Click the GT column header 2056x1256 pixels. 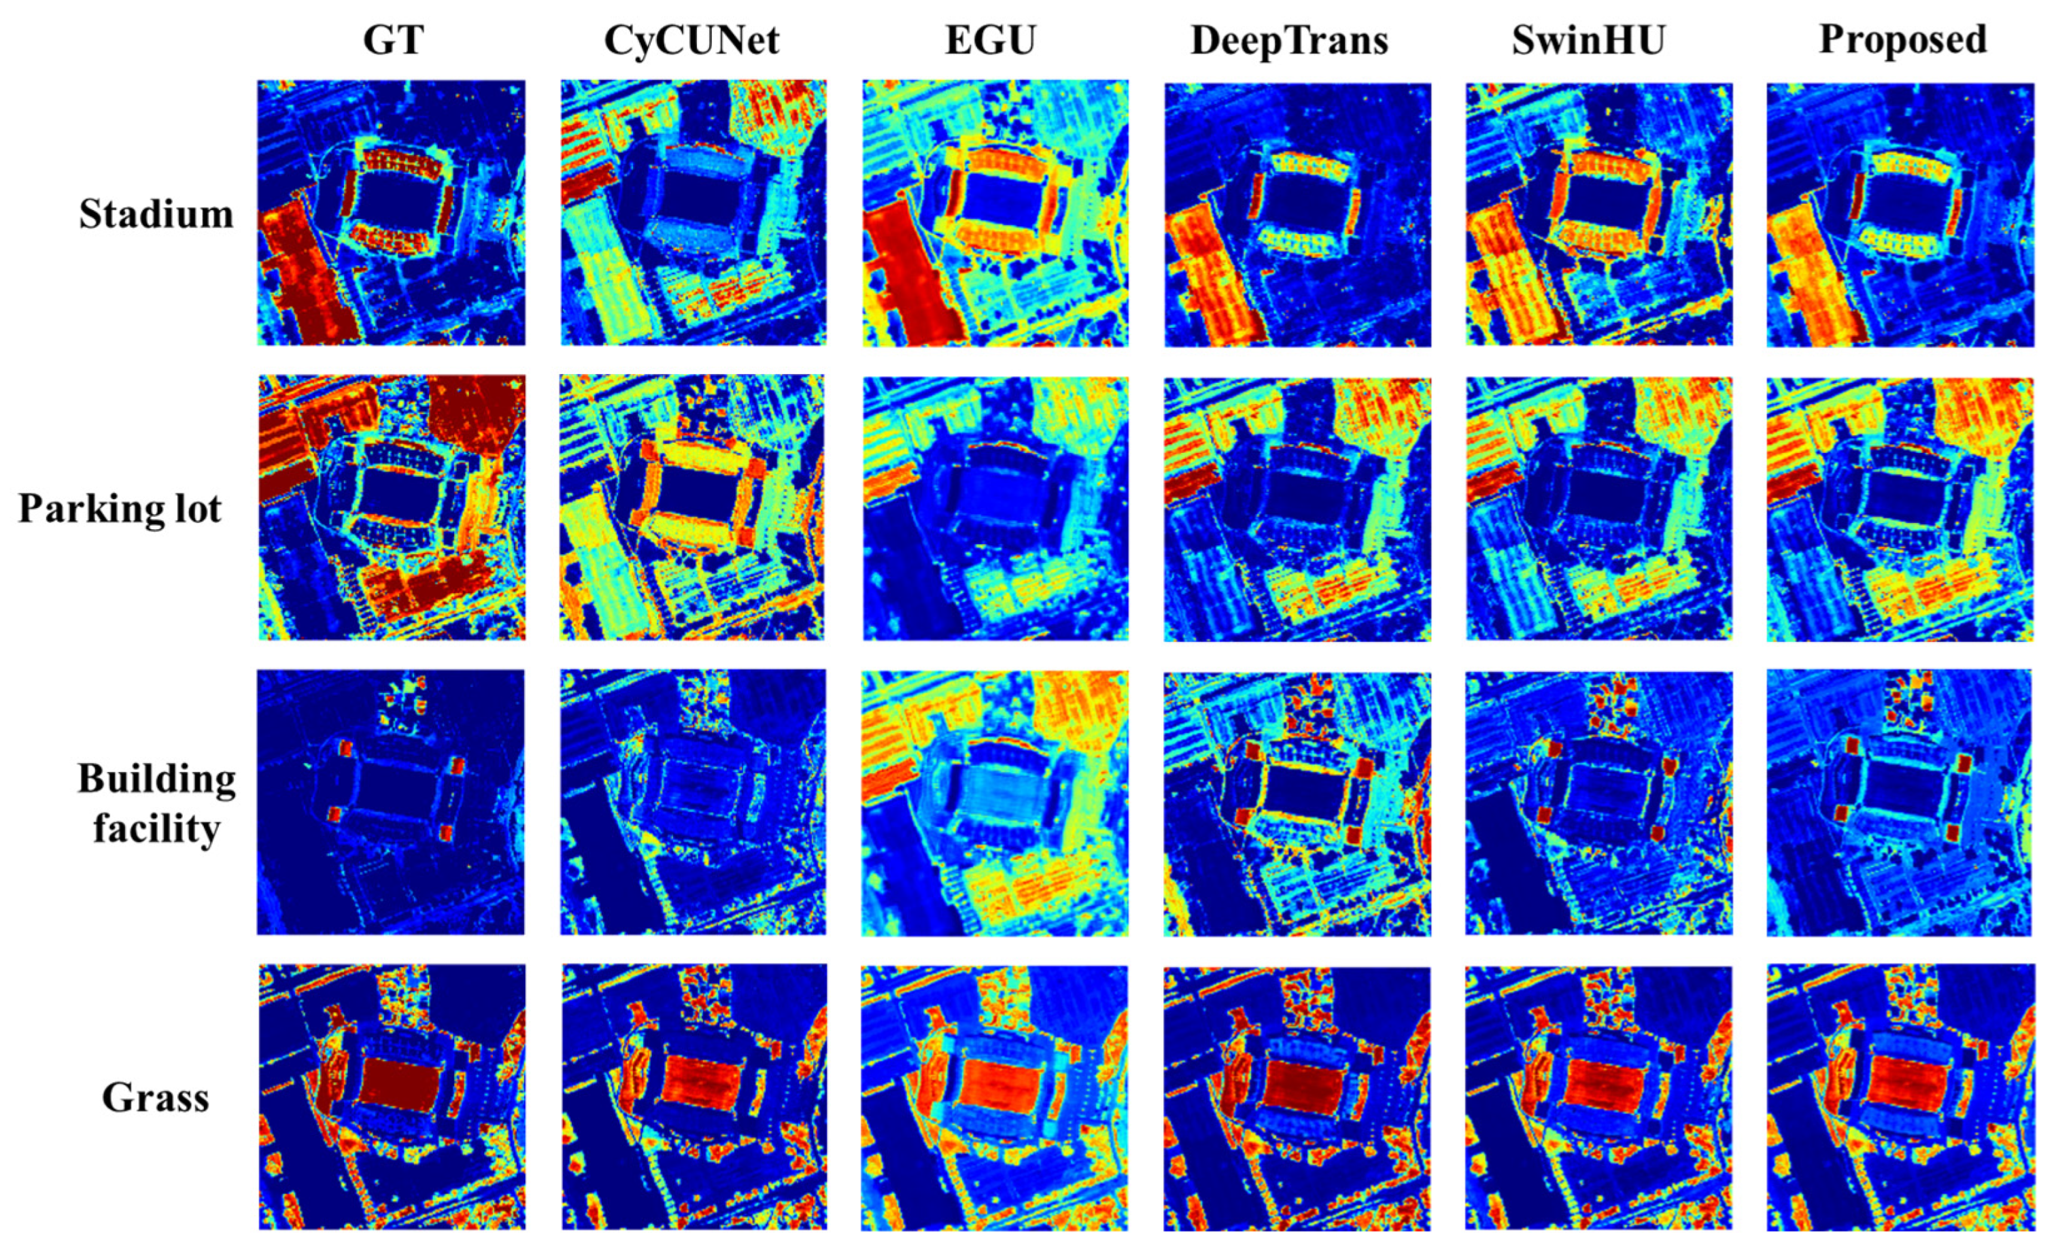click(x=393, y=40)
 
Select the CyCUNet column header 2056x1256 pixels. click(x=691, y=40)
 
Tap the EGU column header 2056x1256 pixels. click(x=991, y=40)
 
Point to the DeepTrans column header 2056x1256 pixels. click(x=1289, y=40)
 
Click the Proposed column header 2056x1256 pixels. click(x=1902, y=40)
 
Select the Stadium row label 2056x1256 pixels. click(x=156, y=214)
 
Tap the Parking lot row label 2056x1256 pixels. click(x=120, y=508)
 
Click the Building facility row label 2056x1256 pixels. click(x=156, y=803)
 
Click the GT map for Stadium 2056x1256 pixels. click(x=392, y=213)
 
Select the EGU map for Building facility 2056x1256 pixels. click(x=995, y=803)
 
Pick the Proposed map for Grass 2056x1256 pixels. click(x=1900, y=1098)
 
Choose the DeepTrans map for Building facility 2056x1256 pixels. click(x=1297, y=803)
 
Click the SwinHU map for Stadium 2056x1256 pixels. click(x=1598, y=214)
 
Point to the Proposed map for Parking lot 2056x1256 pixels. click(x=1900, y=509)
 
